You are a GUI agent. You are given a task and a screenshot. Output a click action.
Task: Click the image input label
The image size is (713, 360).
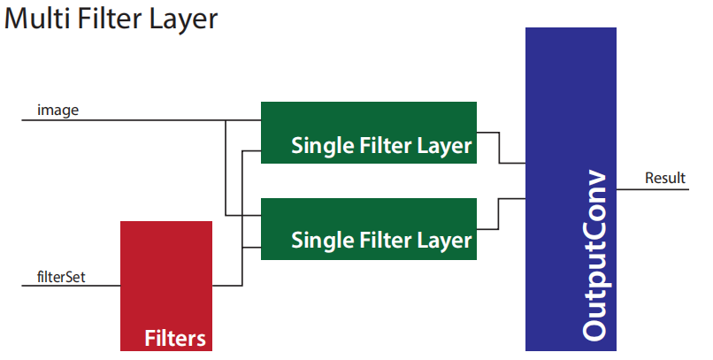pyautogui.click(x=57, y=110)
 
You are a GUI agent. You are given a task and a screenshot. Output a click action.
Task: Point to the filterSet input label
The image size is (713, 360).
pyautogui.click(x=61, y=277)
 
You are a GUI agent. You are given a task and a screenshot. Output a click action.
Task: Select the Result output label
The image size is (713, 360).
pyautogui.click(x=665, y=178)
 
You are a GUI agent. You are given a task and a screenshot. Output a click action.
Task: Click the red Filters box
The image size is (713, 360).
pyautogui.click(x=166, y=286)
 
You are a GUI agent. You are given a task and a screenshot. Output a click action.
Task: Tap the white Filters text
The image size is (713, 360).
pyautogui.click(x=175, y=338)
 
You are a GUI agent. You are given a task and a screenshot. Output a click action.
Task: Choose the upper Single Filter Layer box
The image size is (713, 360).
pyautogui.click(x=368, y=133)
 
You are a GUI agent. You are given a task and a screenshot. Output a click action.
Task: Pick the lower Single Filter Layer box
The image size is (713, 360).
pyautogui.click(x=368, y=228)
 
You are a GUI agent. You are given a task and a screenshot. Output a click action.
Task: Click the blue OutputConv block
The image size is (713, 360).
pyautogui.click(x=571, y=189)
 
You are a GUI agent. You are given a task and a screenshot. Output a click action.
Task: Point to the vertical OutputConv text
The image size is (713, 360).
pyautogui.click(x=594, y=255)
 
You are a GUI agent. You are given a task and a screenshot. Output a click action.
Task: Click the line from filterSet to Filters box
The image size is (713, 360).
pyautogui.click(x=72, y=286)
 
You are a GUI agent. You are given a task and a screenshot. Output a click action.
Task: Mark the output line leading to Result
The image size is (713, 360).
pyautogui.click(x=653, y=189)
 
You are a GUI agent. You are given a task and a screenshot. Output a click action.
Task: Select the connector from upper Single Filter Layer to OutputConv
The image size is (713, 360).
pyautogui.click(x=499, y=148)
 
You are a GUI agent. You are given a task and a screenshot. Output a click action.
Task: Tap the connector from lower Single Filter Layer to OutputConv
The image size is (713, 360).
pyautogui.click(x=499, y=214)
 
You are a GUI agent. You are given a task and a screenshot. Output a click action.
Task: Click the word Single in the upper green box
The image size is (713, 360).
pyautogui.click(x=323, y=146)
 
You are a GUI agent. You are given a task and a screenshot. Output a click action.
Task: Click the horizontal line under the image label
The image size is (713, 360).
pyautogui.click(x=142, y=120)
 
